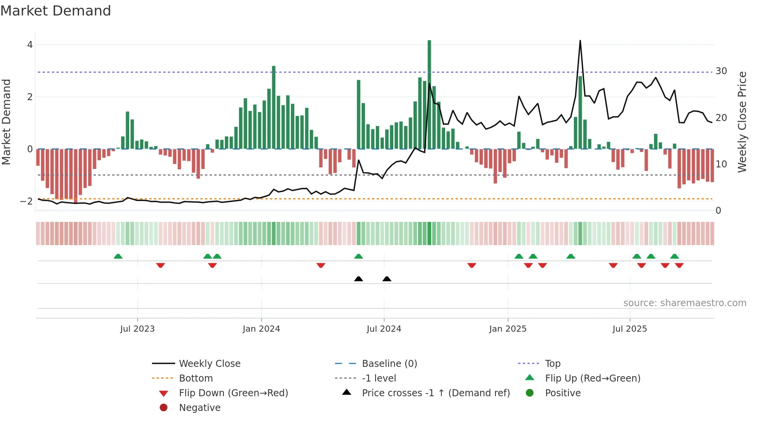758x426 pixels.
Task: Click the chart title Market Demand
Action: click(56, 11)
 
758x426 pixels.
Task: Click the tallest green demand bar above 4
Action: click(429, 93)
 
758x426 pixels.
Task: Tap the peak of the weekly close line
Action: click(580, 41)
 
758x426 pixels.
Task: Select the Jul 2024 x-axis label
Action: click(384, 329)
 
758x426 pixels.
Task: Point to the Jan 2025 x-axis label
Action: click(507, 329)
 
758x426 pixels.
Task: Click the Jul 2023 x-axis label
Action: click(137, 329)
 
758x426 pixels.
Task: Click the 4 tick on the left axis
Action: click(30, 45)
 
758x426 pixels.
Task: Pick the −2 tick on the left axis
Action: click(27, 201)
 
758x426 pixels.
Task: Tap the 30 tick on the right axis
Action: click(721, 71)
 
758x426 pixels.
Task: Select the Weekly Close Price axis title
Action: click(742, 122)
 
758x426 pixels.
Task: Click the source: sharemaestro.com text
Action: click(685, 303)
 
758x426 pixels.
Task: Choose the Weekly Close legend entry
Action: click(210, 364)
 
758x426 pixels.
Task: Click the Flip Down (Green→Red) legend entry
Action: click(233, 393)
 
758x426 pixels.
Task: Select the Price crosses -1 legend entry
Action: click(435, 393)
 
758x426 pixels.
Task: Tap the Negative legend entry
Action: click(200, 408)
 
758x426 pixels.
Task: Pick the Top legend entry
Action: click(553, 364)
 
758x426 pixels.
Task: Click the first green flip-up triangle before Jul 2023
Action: click(118, 256)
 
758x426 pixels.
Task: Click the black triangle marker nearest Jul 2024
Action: click(387, 279)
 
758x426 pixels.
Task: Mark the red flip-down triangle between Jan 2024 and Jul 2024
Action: click(321, 265)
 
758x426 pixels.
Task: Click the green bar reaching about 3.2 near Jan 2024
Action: click(274, 108)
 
